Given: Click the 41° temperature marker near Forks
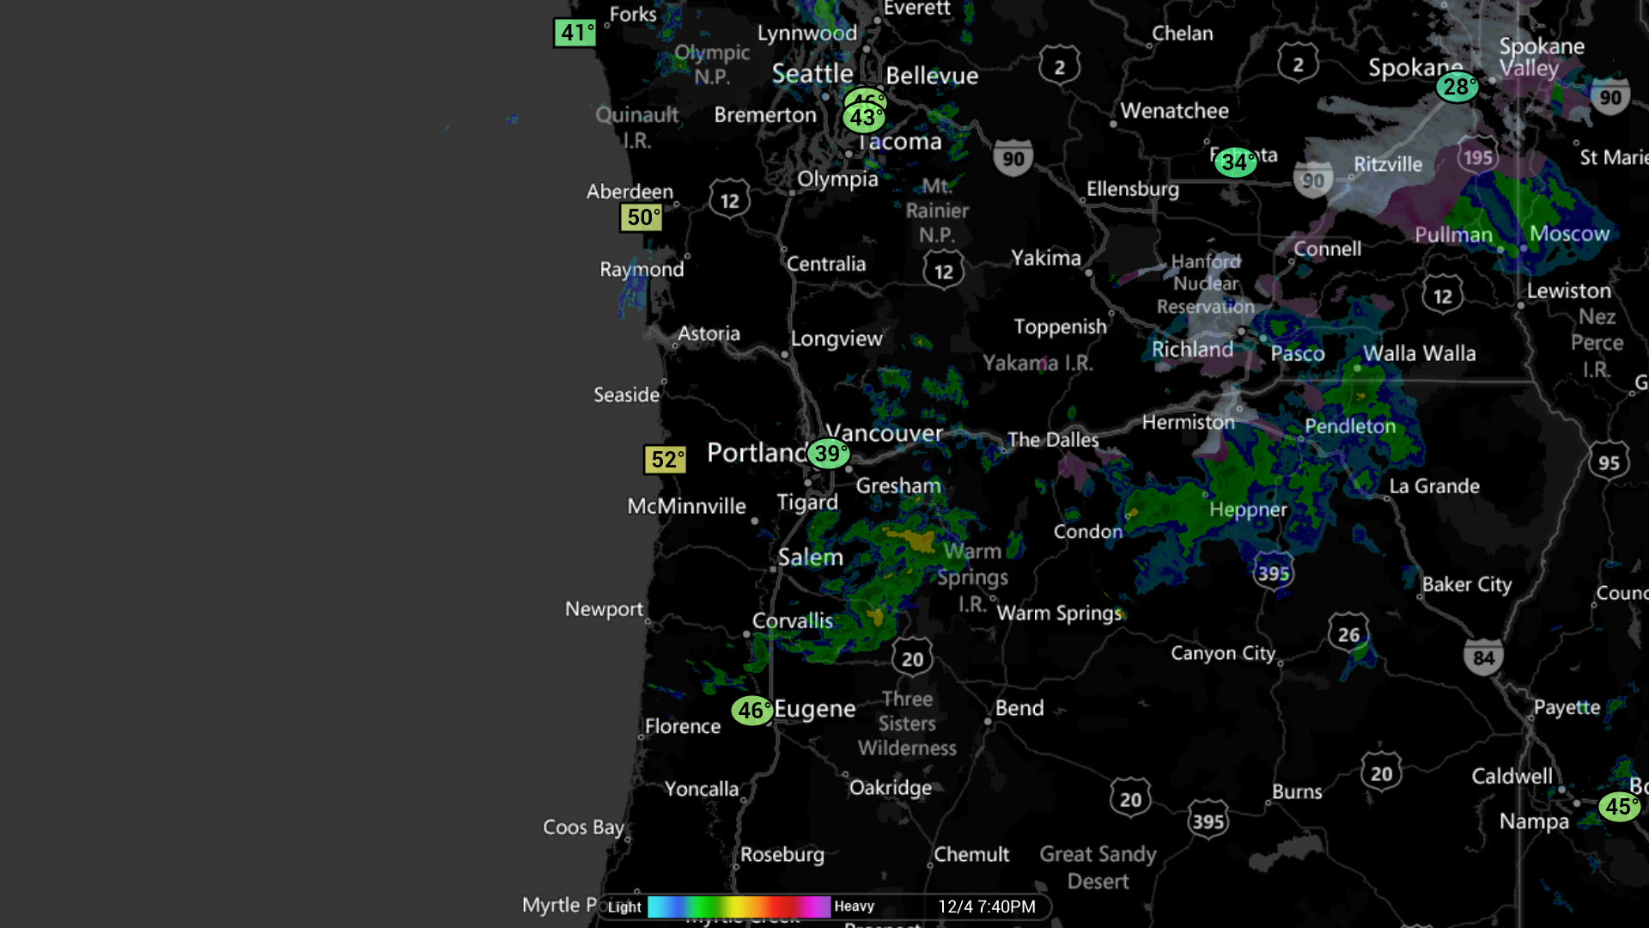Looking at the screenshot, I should click(575, 33).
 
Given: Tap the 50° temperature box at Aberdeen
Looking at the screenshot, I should click(642, 217).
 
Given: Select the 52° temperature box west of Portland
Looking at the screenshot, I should click(666, 460).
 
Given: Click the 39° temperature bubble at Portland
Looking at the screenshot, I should click(828, 454).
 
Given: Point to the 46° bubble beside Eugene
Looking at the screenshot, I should click(751, 711).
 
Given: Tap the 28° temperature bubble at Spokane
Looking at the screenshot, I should click(1457, 87).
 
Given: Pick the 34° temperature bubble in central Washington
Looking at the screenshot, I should click(1235, 162).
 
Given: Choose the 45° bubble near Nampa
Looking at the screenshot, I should click(1619, 807).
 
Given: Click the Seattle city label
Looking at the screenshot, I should click(812, 74).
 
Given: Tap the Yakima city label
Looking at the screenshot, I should click(1045, 258).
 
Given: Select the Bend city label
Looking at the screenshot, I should click(1019, 708).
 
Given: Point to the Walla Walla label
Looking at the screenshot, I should click(1419, 353).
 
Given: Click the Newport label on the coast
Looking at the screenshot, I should click(604, 609).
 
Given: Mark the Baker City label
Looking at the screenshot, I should click(1466, 584).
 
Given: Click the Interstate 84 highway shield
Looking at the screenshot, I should click(1483, 658).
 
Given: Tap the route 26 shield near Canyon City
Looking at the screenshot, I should click(1348, 634).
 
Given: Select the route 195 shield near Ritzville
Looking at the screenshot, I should click(1477, 157).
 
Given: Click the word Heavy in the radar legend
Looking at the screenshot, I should click(854, 907).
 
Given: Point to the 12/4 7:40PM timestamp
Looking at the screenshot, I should click(986, 907).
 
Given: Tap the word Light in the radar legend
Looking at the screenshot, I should click(624, 907).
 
